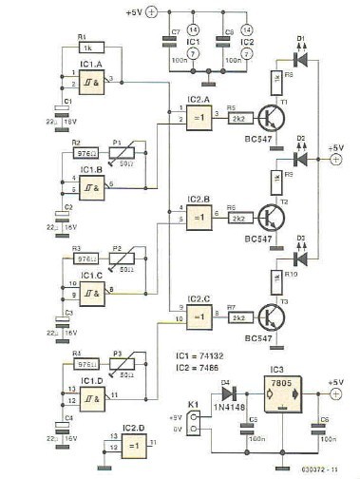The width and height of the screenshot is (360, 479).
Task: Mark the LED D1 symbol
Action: pos(300,59)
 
